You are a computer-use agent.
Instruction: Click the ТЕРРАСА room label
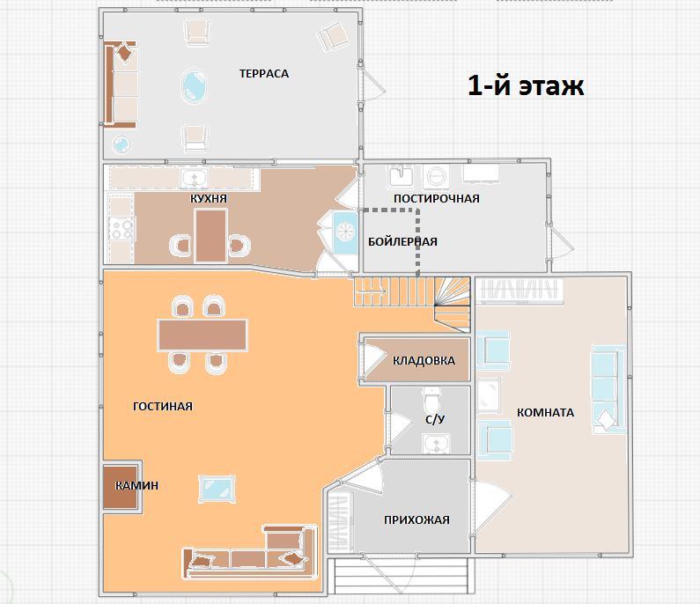(x=264, y=74)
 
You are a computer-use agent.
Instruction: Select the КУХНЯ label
(x=209, y=198)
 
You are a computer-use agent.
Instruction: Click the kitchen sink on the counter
(x=195, y=179)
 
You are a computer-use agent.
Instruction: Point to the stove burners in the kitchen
(x=122, y=229)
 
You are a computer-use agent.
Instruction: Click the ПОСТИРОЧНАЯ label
(x=436, y=198)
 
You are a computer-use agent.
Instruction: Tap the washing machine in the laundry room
(x=436, y=176)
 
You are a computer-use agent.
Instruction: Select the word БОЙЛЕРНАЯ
(x=402, y=241)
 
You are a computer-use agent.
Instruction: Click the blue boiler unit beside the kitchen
(x=345, y=232)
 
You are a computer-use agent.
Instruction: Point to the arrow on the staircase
(x=372, y=291)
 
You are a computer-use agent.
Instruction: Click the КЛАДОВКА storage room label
(x=424, y=360)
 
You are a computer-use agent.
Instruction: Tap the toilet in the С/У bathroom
(x=432, y=400)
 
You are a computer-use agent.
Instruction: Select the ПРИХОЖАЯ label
(x=416, y=519)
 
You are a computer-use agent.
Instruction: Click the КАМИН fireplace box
(x=121, y=488)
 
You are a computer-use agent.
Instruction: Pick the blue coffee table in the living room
(x=217, y=488)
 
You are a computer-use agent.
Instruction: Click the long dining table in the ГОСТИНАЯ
(x=203, y=335)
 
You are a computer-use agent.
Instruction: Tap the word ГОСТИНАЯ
(x=163, y=406)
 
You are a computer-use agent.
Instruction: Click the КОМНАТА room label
(x=545, y=412)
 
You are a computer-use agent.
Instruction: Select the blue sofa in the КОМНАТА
(x=608, y=389)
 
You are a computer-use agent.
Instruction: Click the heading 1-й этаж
(x=526, y=85)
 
